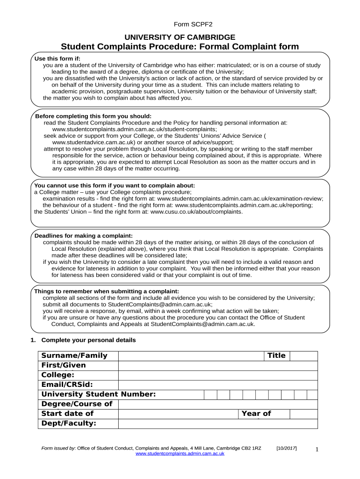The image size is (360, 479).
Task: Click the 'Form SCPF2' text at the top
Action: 180,24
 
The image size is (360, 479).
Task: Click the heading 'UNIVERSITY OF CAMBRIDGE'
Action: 180,37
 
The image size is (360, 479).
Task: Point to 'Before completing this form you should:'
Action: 94,116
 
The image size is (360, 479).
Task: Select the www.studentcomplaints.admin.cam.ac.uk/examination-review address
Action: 240,198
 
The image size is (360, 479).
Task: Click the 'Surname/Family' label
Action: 74,356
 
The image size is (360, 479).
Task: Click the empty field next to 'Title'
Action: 303,356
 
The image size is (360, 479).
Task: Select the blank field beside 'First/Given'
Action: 218,365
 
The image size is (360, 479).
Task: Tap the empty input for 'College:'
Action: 218,375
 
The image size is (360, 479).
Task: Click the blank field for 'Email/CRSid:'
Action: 218,385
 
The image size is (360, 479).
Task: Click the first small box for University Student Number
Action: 210,394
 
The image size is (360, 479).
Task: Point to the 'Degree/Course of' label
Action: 77,404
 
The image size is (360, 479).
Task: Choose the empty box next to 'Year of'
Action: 303,414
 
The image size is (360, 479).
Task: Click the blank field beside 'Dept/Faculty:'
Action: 218,423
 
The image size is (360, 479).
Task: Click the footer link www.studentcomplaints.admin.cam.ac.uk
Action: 180,453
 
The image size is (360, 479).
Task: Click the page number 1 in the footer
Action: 317,450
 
